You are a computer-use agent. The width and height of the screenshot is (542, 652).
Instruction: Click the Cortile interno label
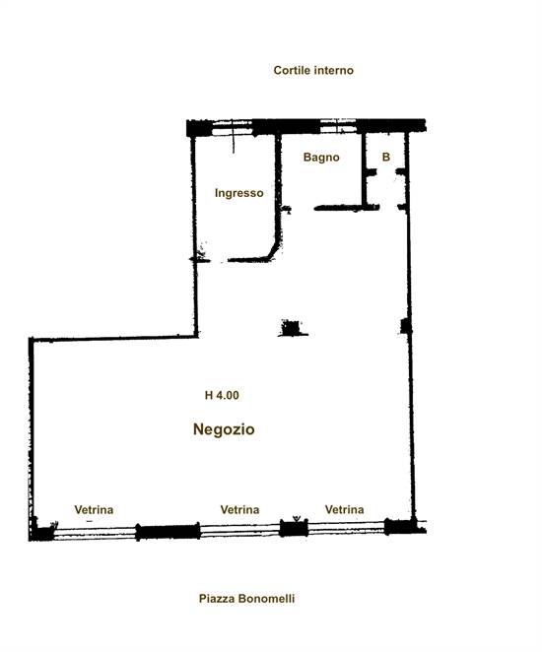313,70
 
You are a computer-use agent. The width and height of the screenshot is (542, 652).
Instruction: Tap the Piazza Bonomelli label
246,599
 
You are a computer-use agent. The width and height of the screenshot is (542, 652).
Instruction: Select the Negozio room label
224,429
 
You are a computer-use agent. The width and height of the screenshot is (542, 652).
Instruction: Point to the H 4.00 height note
222,395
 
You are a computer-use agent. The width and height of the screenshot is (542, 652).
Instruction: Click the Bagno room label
321,158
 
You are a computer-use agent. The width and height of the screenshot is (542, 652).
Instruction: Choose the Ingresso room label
238,193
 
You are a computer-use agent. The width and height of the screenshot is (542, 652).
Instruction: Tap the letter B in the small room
386,157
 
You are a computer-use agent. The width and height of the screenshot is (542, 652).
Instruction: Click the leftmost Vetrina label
94,510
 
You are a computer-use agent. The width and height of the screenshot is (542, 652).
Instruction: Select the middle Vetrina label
239,510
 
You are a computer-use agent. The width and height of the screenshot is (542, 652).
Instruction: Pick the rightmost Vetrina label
345,510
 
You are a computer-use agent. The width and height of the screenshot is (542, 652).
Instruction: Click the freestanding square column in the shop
291,327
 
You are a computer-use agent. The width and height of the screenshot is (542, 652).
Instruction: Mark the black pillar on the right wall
406,326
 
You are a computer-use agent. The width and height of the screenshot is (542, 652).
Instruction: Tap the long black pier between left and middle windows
169,532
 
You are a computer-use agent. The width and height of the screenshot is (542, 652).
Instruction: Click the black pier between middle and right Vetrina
294,528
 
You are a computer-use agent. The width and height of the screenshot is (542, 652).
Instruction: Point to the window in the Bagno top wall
338,126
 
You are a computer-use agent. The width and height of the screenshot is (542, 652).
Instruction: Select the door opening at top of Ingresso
233,128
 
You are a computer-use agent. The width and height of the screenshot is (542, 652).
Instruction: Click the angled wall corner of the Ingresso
275,251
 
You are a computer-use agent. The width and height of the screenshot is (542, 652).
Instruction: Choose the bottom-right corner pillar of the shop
400,526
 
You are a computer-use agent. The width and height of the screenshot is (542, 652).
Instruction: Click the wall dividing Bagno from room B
364,169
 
